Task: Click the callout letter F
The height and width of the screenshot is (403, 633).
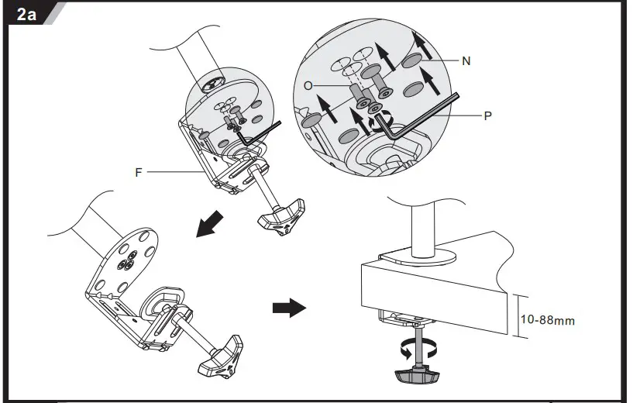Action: [139, 172]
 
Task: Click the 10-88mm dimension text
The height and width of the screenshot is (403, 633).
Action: [548, 319]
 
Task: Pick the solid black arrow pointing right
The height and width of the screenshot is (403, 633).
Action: [288, 309]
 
